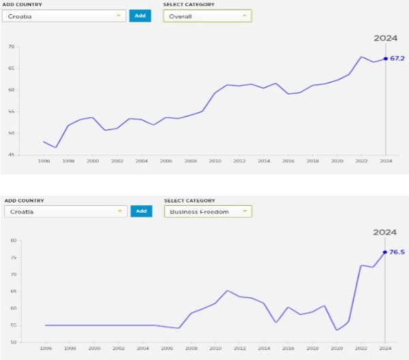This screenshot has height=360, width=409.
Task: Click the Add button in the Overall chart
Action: click(x=140, y=16)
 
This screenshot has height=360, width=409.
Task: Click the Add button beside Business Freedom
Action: click(x=141, y=211)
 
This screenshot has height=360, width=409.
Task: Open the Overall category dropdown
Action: click(x=207, y=16)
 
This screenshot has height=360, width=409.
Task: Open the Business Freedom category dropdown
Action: click(x=208, y=211)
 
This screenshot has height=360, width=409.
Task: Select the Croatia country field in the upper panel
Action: click(x=64, y=16)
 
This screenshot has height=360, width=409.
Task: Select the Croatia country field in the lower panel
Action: click(x=65, y=211)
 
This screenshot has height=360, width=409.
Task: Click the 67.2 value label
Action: click(x=397, y=59)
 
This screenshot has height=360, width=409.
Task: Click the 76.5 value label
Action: click(x=397, y=252)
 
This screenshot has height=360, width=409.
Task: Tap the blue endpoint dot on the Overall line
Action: click(x=386, y=59)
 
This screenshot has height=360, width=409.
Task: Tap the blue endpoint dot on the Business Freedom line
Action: click(x=385, y=252)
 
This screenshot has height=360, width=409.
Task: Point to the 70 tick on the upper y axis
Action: click(x=11, y=46)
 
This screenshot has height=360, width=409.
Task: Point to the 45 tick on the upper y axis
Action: click(x=11, y=155)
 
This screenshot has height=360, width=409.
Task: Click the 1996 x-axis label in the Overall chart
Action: click(x=44, y=161)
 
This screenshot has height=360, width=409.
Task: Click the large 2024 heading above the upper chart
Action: click(x=385, y=38)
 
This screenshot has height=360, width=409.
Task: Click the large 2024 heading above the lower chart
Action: click(x=385, y=232)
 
